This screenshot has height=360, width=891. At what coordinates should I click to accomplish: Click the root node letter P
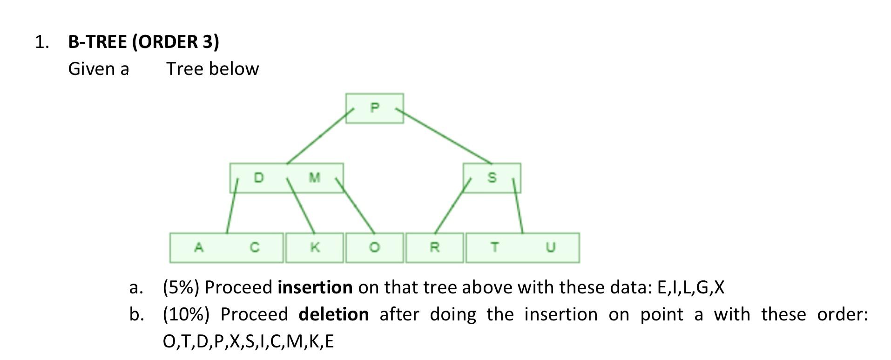375,108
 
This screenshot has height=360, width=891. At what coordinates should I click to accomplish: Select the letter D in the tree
258,177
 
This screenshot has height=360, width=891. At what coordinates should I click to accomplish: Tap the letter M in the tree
315,177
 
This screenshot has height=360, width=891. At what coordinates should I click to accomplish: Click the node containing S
492,177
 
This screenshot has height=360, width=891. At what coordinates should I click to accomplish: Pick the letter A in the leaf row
199,247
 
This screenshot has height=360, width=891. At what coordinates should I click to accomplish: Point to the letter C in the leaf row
254,247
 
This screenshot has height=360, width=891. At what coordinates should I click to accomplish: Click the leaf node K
315,247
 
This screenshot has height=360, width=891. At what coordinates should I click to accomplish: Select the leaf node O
374,247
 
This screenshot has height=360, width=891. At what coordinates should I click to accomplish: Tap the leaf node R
434,247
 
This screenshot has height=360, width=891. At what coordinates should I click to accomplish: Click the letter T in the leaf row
494,247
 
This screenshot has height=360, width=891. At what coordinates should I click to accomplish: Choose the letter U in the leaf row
550,247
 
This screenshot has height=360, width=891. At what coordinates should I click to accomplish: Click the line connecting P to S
444,136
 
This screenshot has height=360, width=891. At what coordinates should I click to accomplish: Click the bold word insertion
315,287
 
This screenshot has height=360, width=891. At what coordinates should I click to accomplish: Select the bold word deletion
333,314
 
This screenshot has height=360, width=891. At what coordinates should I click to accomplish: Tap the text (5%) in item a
181,287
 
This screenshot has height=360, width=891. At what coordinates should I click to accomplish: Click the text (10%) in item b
186,314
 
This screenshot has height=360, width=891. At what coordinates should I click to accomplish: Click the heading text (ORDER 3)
175,42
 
